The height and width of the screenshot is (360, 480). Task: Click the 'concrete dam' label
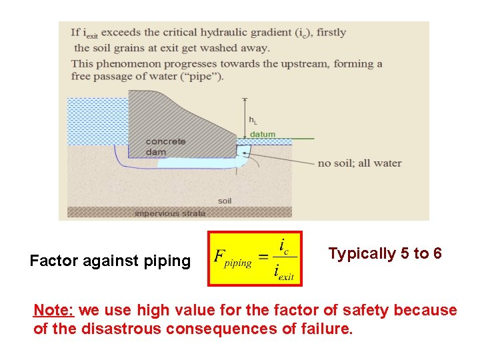point(165,146)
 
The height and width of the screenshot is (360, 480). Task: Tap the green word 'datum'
point(262,135)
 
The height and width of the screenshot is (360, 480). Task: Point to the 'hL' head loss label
point(253,120)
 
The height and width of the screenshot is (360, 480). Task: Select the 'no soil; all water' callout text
point(359,163)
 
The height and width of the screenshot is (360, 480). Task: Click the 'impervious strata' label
point(170,213)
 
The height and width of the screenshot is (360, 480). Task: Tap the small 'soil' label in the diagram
point(225,201)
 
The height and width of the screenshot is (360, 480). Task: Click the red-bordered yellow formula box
point(255,258)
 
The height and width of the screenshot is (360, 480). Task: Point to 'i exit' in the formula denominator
point(283,272)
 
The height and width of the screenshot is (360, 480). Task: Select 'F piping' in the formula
point(233,258)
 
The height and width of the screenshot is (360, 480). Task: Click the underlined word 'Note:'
point(56,311)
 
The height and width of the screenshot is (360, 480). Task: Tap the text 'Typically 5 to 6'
point(385,253)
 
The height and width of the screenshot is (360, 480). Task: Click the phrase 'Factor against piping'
point(110,261)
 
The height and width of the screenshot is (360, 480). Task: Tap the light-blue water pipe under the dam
point(193,163)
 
